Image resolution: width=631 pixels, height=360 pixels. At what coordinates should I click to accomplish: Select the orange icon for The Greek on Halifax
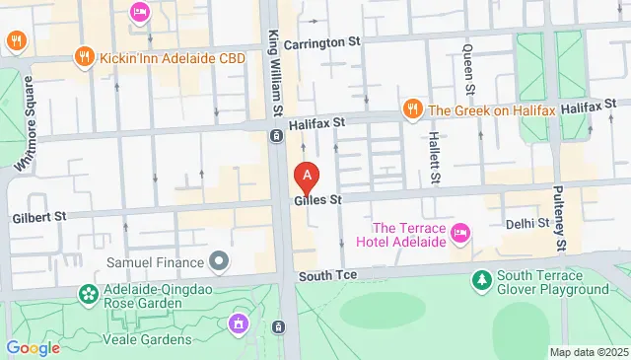coord(412,108)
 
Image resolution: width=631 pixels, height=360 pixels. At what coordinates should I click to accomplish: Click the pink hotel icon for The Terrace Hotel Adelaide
coord(458,234)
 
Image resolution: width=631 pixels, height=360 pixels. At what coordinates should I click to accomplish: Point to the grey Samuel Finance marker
coord(218,261)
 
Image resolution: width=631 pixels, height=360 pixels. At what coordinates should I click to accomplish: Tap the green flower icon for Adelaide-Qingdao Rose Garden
coord(90,294)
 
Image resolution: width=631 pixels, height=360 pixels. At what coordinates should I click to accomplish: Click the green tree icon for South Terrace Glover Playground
coord(481,280)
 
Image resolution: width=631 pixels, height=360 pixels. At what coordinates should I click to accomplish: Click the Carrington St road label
coord(322,44)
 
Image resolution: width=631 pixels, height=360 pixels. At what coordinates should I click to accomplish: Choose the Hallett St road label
coord(432,158)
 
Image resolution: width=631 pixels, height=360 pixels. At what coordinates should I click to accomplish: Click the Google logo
coord(33,347)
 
